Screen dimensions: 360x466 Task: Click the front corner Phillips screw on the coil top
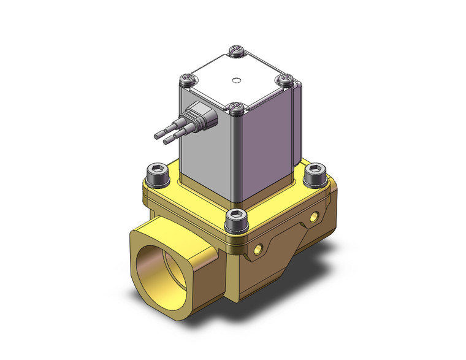click(x=236, y=109)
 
